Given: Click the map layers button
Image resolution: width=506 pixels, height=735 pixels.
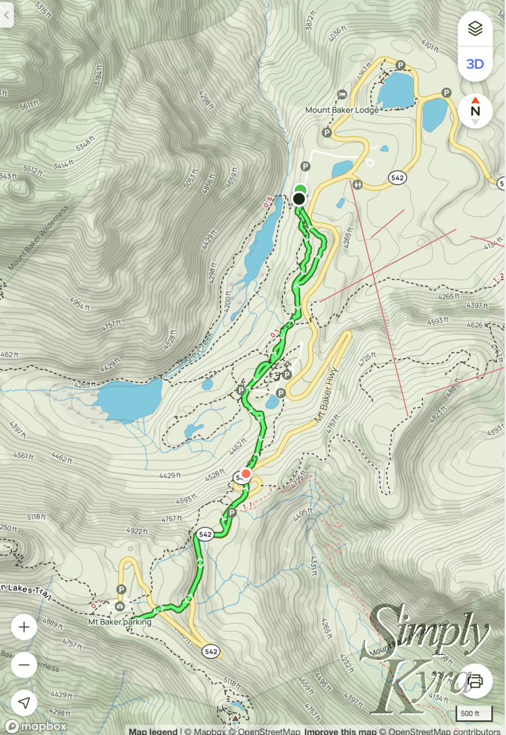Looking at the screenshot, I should pyautogui.click(x=475, y=29).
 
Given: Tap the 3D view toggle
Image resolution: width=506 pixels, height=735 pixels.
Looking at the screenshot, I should pyautogui.click(x=475, y=64).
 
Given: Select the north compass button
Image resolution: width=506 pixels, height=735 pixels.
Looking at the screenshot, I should pyautogui.click(x=475, y=111).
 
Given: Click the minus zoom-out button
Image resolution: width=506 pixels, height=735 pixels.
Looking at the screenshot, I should pyautogui.click(x=24, y=665).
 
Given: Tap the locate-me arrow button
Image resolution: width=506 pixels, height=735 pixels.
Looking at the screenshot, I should pyautogui.click(x=24, y=703).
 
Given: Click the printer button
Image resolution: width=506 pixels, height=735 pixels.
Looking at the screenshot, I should pyautogui.click(x=475, y=680).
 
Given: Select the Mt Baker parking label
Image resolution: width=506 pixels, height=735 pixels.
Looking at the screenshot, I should pyautogui.click(x=119, y=622).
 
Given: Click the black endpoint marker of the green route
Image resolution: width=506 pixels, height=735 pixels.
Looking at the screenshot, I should pyautogui.click(x=299, y=199).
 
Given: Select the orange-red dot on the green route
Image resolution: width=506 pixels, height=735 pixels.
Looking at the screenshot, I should pyautogui.click(x=246, y=473).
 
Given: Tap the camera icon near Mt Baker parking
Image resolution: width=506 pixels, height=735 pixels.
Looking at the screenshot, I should pyautogui.click(x=119, y=606).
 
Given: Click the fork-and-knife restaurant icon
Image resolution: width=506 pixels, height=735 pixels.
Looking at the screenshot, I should pyautogui.click(x=357, y=183).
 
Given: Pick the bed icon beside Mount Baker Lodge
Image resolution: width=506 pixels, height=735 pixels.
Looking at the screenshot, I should pyautogui.click(x=342, y=94).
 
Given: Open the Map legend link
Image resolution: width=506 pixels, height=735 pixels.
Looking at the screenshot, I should pyautogui.click(x=153, y=731).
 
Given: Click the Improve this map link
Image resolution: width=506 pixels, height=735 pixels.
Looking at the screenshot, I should pyautogui.click(x=339, y=731).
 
